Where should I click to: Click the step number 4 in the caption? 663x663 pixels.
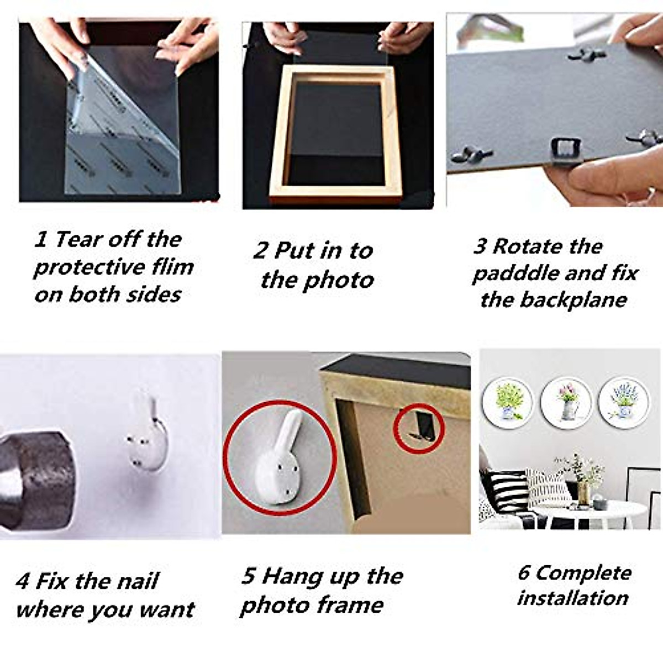(23, 582)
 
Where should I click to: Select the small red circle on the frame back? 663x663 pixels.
(418, 429)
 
